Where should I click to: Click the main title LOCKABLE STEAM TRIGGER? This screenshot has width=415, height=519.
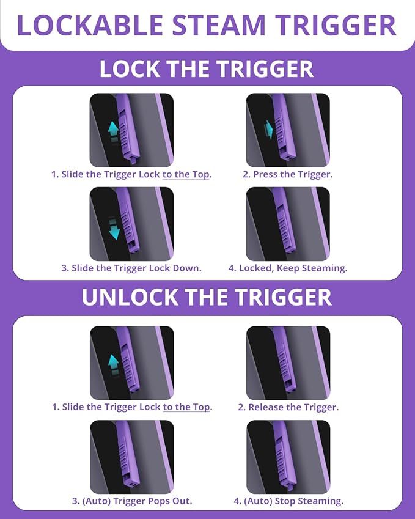click(207, 25)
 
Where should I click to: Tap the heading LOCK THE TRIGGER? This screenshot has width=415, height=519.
click(207, 69)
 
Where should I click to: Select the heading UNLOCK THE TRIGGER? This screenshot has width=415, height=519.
click(207, 297)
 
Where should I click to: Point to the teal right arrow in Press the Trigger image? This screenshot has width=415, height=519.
click(268, 130)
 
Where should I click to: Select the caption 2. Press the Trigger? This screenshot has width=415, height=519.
click(288, 174)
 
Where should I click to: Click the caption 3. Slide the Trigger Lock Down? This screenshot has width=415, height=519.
click(131, 268)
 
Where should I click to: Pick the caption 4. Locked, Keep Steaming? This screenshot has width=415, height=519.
click(288, 268)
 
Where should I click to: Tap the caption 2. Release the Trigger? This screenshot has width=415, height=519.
click(288, 407)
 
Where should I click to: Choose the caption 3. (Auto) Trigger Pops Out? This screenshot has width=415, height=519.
click(132, 501)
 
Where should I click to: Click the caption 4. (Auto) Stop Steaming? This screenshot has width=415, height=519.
click(288, 501)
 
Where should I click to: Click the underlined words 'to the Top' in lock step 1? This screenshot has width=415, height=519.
click(186, 174)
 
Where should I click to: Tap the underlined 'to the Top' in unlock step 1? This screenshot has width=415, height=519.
click(186, 407)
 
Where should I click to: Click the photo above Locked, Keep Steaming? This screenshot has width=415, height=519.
click(288, 224)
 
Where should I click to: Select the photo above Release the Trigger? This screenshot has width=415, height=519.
click(288, 363)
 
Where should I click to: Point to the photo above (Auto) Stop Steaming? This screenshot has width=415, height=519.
click(288, 457)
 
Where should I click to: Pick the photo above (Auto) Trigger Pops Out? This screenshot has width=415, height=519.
click(132, 457)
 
